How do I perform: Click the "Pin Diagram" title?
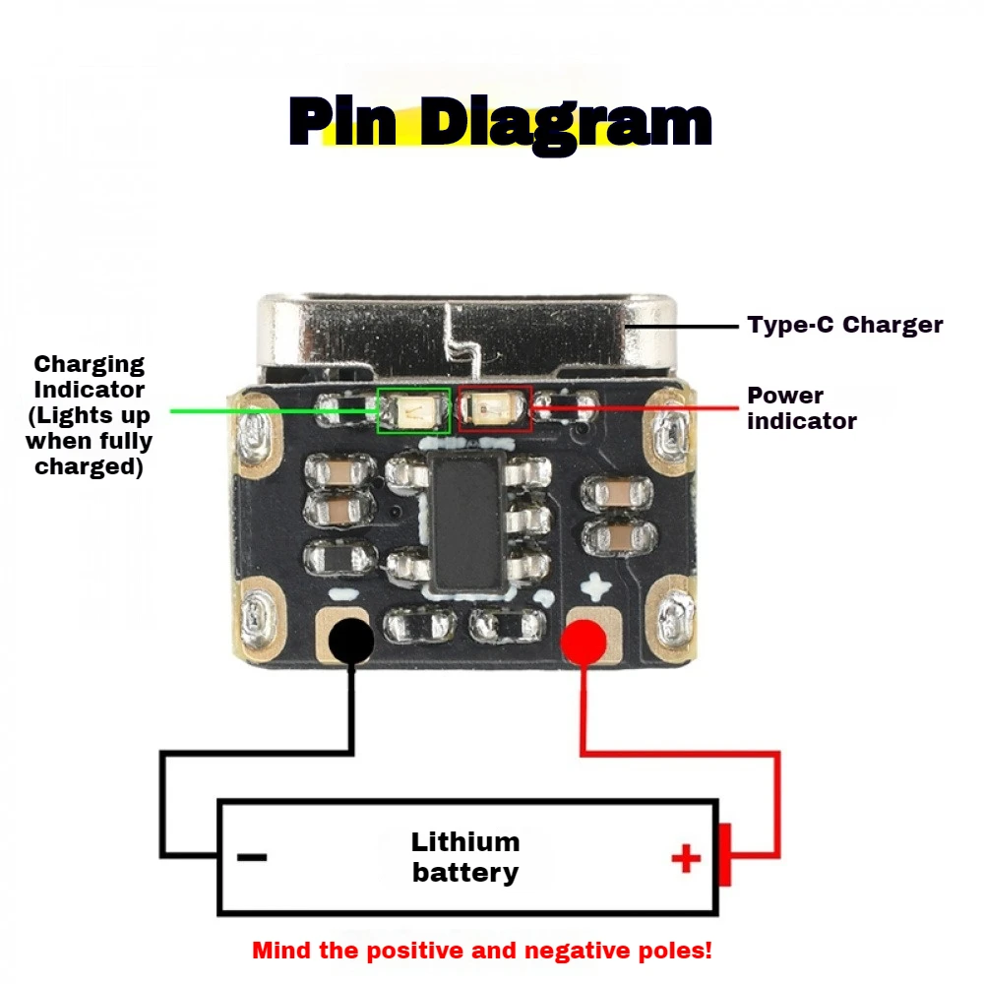click(500, 123)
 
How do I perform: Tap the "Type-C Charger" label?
click(844, 325)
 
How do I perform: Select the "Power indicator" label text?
click(801, 408)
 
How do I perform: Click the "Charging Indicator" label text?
click(89, 415)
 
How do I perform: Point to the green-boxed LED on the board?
click(414, 409)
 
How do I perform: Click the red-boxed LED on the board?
click(495, 408)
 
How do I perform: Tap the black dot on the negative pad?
click(350, 641)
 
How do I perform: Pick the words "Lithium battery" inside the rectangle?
click(465, 857)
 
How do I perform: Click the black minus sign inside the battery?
click(252, 857)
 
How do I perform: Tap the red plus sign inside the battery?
click(686, 859)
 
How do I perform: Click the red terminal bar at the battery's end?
click(724, 854)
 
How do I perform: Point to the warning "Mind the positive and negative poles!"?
click(482, 952)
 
